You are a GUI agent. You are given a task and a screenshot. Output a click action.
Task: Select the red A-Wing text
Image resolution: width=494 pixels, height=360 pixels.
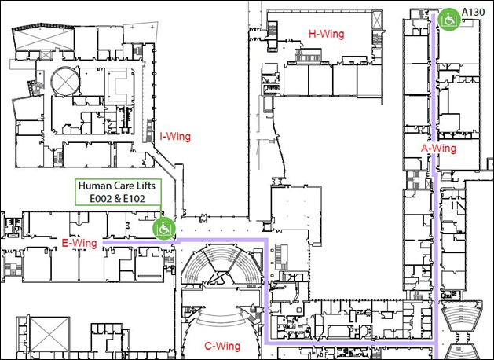(438, 147)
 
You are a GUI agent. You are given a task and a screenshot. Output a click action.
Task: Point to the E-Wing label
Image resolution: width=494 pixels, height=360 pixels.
(79, 243)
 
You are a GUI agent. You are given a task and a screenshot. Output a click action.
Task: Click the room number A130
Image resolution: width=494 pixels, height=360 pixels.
(474, 12)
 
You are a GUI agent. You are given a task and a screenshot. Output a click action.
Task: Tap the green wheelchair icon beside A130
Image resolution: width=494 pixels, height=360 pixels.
(449, 17)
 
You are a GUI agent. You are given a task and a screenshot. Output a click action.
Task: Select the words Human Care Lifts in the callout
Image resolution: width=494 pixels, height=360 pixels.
(118, 186)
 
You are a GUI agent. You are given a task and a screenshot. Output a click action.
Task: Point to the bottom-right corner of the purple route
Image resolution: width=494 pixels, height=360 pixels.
(436, 342)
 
